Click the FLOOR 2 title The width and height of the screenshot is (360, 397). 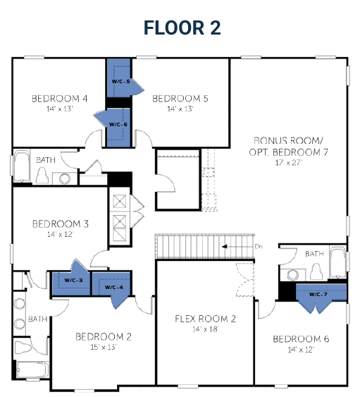coord(182,27)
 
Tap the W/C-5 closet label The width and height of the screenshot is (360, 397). coord(118,82)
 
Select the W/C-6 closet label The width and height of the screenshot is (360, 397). coord(118,124)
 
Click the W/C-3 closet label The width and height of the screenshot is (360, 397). coord(74,280)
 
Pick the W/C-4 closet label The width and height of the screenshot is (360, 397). coord(113,287)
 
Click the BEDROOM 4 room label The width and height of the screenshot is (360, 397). coord(59,98)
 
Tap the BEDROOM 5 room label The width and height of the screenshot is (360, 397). coord(180,98)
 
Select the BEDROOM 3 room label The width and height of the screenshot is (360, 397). coord(60,224)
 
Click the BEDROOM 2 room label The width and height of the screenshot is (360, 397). coord(104,336)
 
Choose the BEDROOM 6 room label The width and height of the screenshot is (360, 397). coord(301,338)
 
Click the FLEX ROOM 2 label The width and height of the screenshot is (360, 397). coord(205,319)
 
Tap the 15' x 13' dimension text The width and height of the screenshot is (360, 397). coord(104,347)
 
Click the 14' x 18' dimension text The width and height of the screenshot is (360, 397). coord(205,329)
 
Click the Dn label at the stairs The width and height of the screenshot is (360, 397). coord(259,246)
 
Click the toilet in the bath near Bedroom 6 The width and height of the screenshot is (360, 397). coord(316,271)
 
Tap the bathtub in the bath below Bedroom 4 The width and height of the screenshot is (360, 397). coord(20,167)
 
